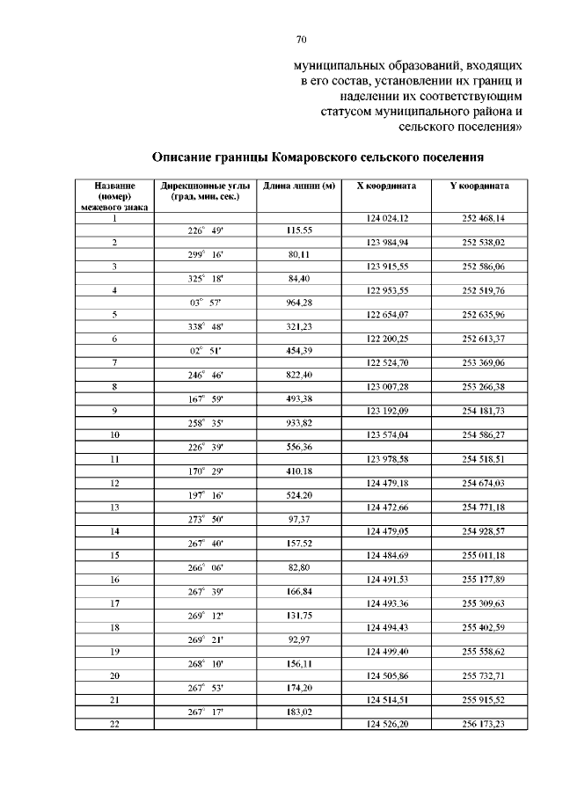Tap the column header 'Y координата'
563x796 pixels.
(479, 186)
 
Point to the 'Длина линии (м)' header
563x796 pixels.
(299, 186)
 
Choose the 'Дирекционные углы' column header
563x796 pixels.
(206, 186)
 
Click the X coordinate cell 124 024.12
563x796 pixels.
(386, 217)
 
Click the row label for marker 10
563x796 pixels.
(114, 435)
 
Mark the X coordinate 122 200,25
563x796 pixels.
(386, 339)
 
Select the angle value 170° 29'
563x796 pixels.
(206, 471)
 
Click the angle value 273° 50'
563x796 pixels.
(206, 520)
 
